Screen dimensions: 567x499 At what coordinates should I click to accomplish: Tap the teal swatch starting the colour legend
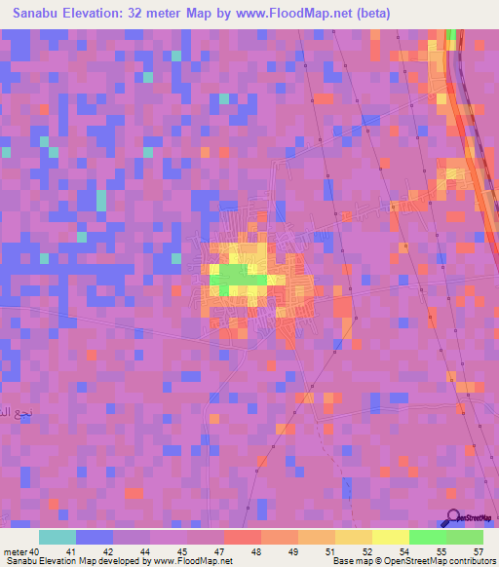click(x=58, y=537)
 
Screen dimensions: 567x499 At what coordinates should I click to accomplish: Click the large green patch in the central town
click(x=234, y=277)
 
